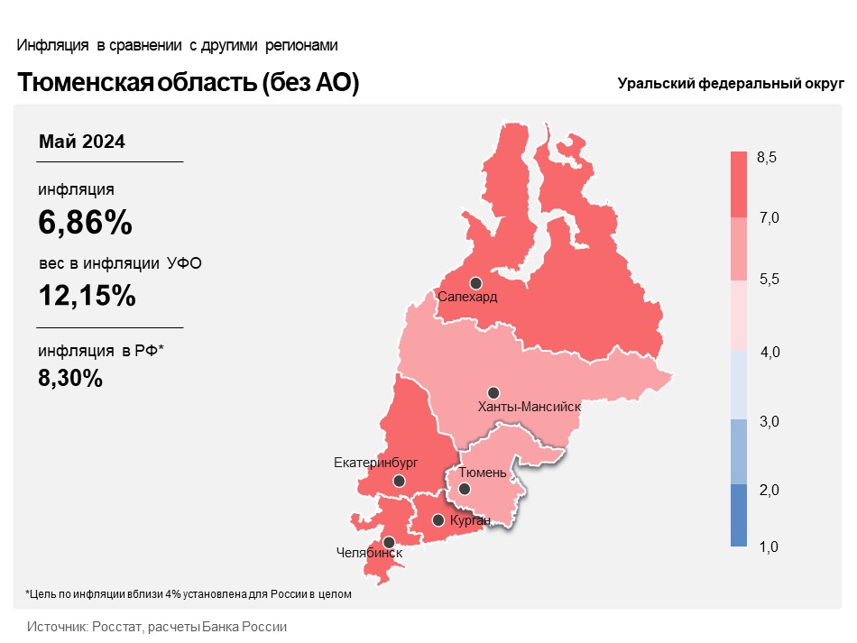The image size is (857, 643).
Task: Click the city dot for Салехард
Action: click(475, 283)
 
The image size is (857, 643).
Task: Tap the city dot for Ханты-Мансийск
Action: click(493, 393)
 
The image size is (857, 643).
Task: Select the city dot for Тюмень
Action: click(464, 489)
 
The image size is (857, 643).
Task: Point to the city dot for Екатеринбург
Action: click(399, 481)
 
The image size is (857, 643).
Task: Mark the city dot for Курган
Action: click(438, 520)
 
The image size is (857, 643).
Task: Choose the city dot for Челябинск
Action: click(389, 543)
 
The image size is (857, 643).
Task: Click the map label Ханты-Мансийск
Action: click(529, 407)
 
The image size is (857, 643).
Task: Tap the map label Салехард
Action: click(467, 298)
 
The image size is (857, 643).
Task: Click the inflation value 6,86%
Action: click(86, 223)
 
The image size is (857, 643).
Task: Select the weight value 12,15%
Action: click(87, 296)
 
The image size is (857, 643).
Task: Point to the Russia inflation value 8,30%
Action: click(70, 378)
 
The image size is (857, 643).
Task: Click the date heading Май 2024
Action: click(82, 142)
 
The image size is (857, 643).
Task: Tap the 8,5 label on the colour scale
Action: click(766, 157)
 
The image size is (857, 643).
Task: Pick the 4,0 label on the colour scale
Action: click(769, 353)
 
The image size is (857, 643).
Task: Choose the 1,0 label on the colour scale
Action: click(769, 547)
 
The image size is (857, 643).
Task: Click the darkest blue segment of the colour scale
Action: click(739, 515)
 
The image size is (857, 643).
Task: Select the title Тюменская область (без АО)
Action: click(188, 82)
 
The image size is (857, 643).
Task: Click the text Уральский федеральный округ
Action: click(731, 84)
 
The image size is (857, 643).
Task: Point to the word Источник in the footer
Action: click(58, 627)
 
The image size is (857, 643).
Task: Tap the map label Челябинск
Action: click(369, 553)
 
